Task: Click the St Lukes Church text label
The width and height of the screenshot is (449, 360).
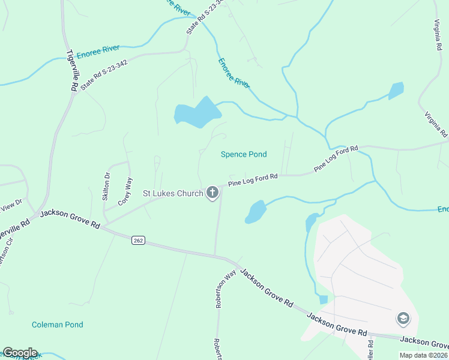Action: [172, 193]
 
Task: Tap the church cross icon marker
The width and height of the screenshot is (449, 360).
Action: [212, 193]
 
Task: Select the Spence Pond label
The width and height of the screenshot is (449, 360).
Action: [244, 154]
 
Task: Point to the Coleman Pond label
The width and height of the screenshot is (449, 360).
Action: [58, 325]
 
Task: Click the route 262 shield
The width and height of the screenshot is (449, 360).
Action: [138, 240]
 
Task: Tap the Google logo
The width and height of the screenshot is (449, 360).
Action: [20, 353]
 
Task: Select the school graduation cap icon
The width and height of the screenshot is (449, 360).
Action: [403, 319]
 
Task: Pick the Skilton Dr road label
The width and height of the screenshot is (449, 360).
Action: [107, 187]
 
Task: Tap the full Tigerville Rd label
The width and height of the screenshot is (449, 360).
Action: [72, 70]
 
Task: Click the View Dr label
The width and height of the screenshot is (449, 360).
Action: [11, 205]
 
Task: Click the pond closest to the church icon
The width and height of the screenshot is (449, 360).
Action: [256, 211]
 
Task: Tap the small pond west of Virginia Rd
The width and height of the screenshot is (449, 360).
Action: [396, 91]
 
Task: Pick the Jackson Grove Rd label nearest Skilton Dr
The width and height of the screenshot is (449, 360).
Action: [70, 219]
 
